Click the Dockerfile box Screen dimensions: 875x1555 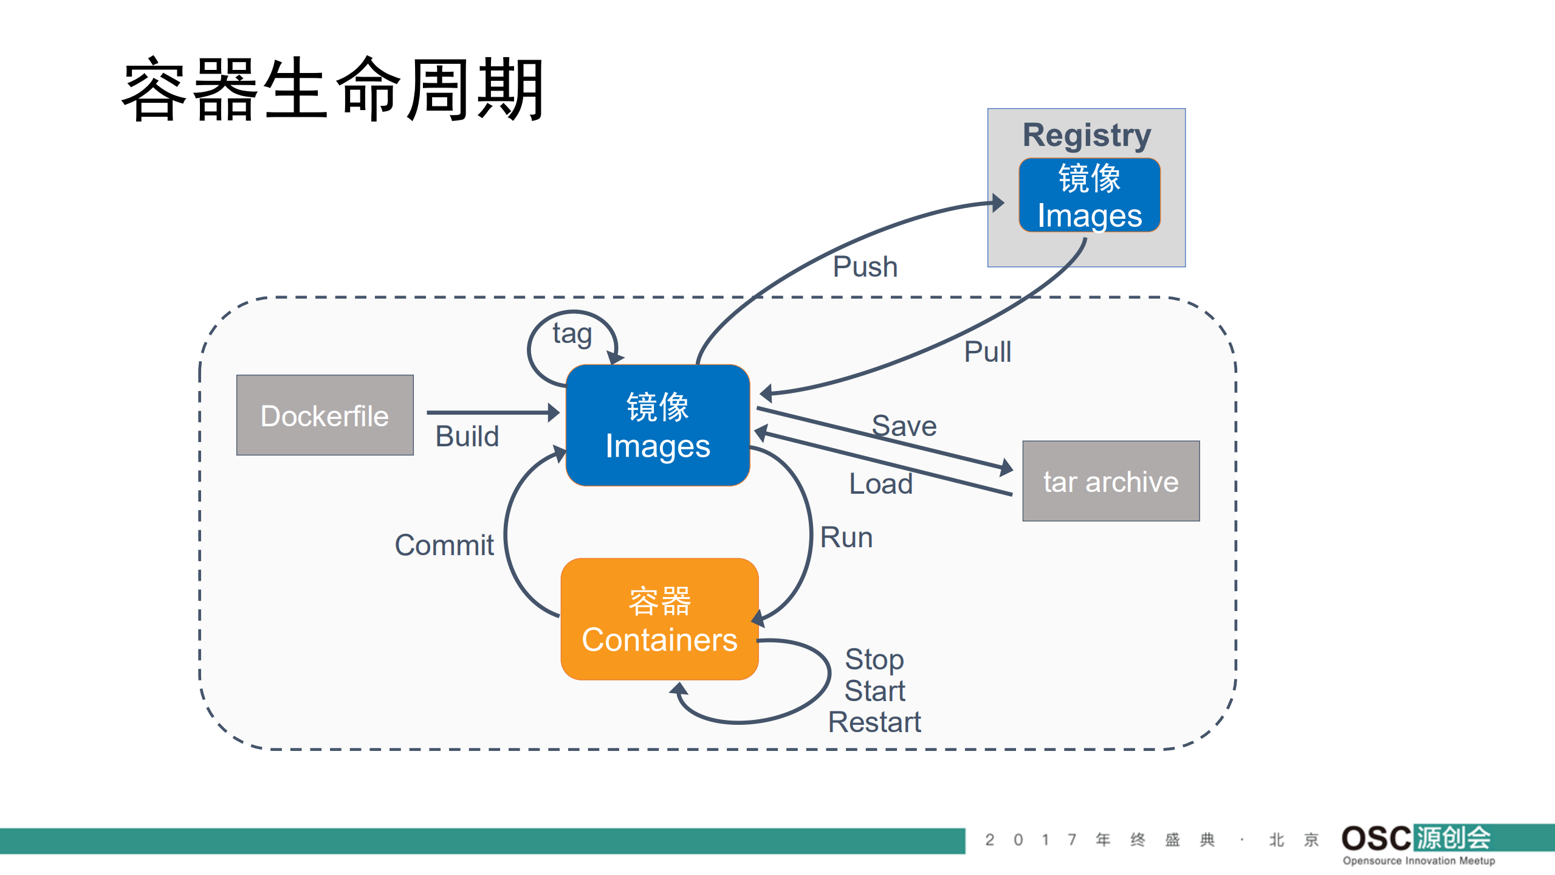coord(324,415)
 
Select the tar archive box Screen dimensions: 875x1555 coord(1110,481)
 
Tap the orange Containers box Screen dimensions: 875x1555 coord(659,619)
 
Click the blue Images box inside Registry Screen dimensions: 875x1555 coord(1089,195)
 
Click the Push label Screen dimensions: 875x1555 coord(865,266)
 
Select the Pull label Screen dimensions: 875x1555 coord(987,351)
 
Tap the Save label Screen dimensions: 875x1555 coord(904,426)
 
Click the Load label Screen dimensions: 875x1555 coord(880,484)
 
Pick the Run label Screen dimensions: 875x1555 coord(846,538)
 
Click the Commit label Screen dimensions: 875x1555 coord(444,545)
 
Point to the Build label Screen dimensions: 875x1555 coord(467,436)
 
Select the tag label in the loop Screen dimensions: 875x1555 coord(572,333)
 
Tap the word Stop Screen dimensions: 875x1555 coord(874,659)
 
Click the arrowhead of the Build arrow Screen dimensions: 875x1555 coord(554,412)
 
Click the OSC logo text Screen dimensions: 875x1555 coord(1376,839)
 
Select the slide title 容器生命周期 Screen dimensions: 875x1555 coord(332,90)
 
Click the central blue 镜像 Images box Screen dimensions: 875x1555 coord(657,425)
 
